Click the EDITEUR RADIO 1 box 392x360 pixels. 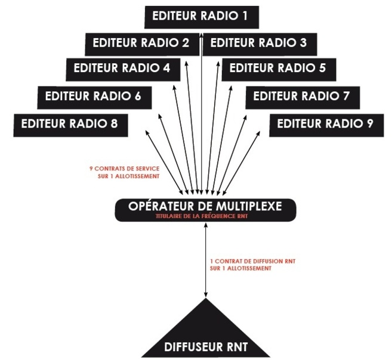(x=200, y=17)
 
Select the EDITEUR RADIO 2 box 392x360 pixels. (x=142, y=43)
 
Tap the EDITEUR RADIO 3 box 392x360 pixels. (x=259, y=43)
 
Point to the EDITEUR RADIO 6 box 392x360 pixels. (x=93, y=95)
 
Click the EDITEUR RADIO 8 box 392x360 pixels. (x=70, y=124)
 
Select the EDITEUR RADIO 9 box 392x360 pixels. (x=326, y=124)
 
